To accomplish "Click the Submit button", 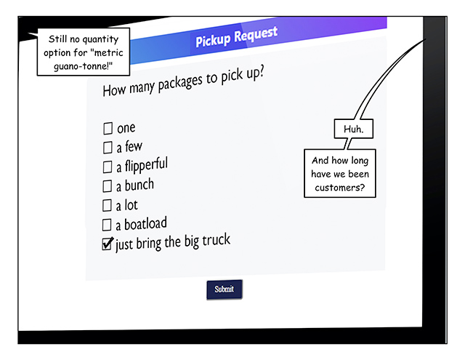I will (225, 289).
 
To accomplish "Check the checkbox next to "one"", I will (108, 129).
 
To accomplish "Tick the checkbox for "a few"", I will (108, 148).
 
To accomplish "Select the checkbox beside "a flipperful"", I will (108, 167).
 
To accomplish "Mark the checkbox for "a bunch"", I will (108, 186).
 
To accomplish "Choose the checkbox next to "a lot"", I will (107, 206).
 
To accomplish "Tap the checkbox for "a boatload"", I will (107, 225).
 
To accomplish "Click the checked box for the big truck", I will (108, 244).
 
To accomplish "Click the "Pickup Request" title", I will (236, 36).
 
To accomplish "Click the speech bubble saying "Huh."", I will (353, 129).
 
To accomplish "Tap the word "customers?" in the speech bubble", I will (340, 188).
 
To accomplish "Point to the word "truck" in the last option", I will (215, 240).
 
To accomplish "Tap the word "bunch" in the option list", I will (139, 185).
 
